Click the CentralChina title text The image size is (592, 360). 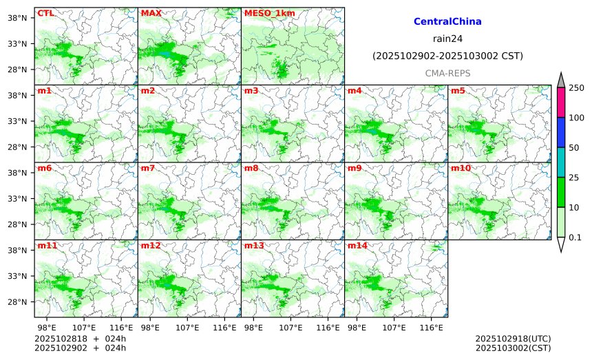click(447, 22)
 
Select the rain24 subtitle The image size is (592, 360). click(447, 39)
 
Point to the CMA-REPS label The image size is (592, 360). click(447, 72)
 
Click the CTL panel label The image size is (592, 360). click(45, 12)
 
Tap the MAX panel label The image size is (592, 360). click(151, 12)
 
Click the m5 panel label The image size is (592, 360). click(458, 90)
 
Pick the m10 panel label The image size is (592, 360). click(461, 168)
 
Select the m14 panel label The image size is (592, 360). click(357, 246)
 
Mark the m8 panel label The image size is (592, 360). click(251, 168)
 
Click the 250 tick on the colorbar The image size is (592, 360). click(576, 87)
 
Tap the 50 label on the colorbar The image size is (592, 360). click(574, 148)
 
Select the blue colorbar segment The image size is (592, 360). click(561, 132)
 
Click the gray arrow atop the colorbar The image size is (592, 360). click(561, 80)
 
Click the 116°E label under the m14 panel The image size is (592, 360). click(432, 326)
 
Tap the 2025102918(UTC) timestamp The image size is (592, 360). click(513, 339)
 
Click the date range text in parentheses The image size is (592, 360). click(447, 56)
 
